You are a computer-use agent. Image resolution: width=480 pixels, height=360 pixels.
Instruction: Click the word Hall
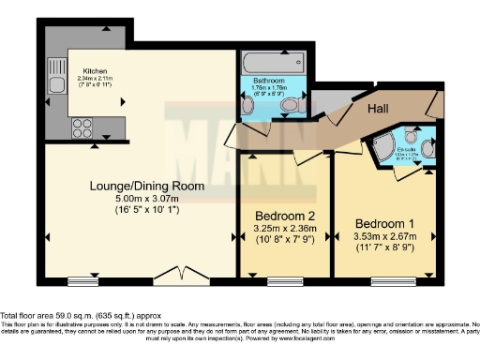tap(378, 109)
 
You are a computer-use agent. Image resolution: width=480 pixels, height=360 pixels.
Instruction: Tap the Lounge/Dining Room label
tap(140, 186)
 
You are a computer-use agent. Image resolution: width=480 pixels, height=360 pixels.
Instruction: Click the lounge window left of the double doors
tap(83, 280)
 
